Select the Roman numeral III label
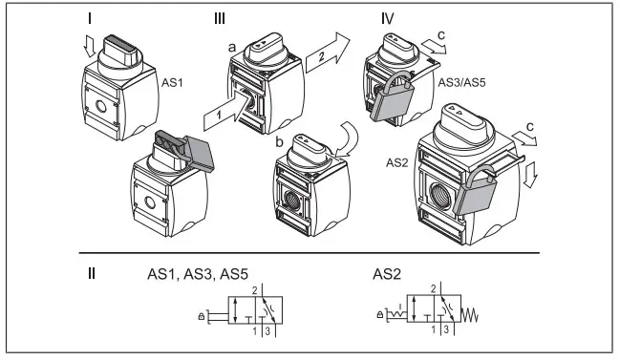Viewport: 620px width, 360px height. (224, 17)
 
